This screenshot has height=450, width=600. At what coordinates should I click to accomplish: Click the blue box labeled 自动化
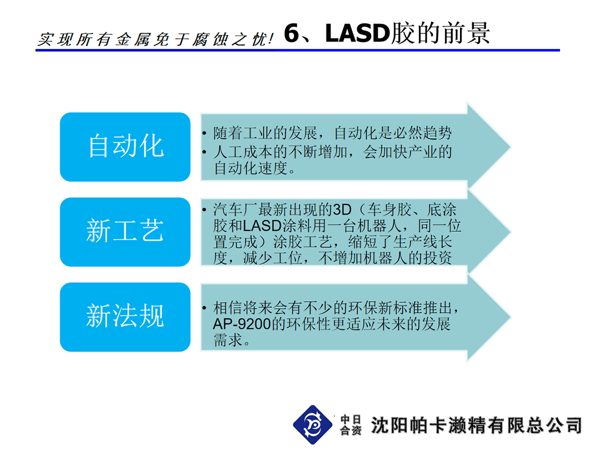125,147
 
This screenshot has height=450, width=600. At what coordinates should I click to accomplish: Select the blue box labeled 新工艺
125,232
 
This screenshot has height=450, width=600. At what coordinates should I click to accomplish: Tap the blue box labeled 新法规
125,317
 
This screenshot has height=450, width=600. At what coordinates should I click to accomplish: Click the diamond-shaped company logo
313,425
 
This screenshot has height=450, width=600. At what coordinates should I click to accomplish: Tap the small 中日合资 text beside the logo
351,425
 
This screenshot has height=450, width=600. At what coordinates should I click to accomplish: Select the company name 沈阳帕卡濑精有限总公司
476,425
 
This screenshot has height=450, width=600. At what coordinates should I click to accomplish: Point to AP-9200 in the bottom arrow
242,324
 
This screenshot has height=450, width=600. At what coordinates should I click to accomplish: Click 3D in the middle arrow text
342,209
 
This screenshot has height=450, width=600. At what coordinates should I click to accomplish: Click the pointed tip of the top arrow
511,147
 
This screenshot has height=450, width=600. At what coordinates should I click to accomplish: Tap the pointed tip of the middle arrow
511,232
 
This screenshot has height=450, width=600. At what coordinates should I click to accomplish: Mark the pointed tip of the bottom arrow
511,317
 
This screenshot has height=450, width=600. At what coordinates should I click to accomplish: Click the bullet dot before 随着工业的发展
204,133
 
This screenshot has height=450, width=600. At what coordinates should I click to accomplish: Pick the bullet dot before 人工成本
204,152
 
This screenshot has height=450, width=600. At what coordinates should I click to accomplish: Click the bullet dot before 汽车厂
204,209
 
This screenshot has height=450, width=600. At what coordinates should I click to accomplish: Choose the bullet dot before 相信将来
204,308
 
